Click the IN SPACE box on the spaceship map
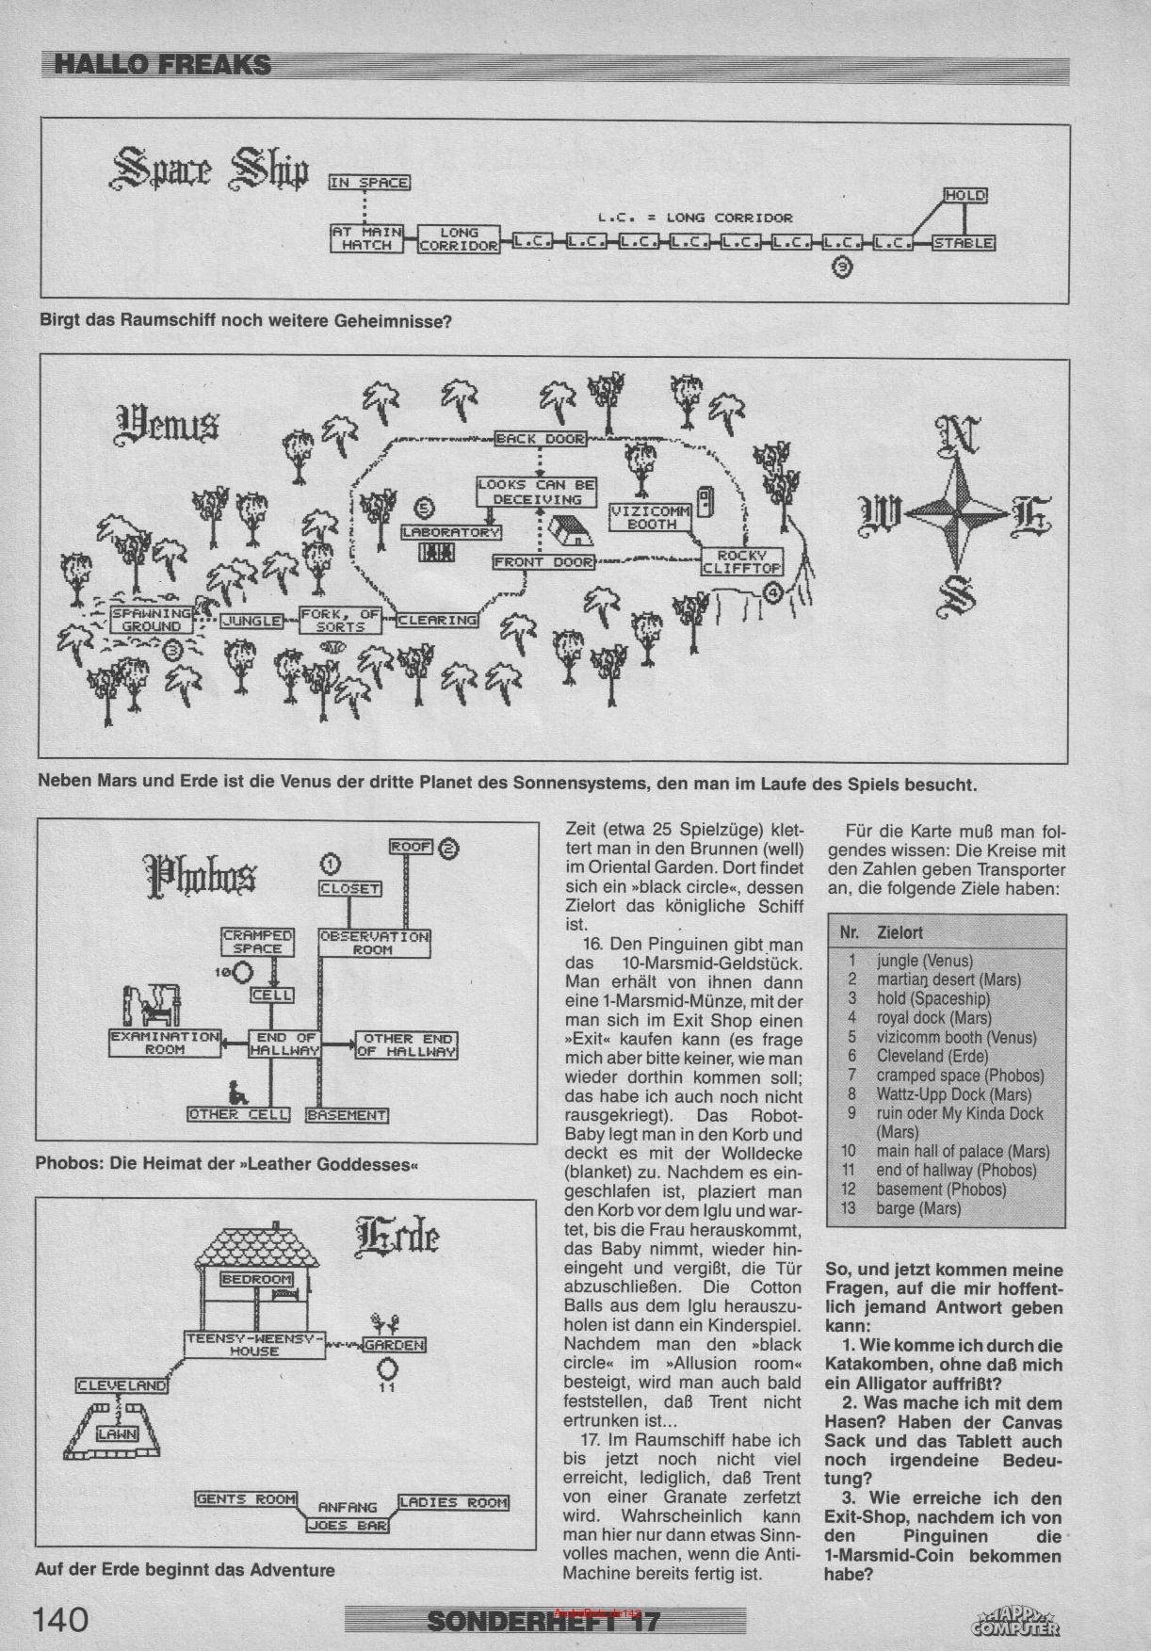[x=369, y=183]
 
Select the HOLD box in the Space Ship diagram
[x=965, y=196]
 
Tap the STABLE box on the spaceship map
[x=963, y=243]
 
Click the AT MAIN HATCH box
[x=366, y=237]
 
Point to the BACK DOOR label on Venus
[x=540, y=439]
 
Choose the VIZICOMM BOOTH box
[x=651, y=517]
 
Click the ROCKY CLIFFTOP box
[x=742, y=561]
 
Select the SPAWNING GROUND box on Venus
[x=151, y=620]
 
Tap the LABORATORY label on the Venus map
[x=451, y=532]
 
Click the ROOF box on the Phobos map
[x=411, y=847]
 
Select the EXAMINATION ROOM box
[x=165, y=1043]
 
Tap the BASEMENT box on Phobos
[x=347, y=1115]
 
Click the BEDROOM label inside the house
[x=256, y=1279]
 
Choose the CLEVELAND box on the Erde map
[x=122, y=1385]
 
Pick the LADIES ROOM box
[x=453, y=1502]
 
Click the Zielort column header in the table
[x=900, y=932]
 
